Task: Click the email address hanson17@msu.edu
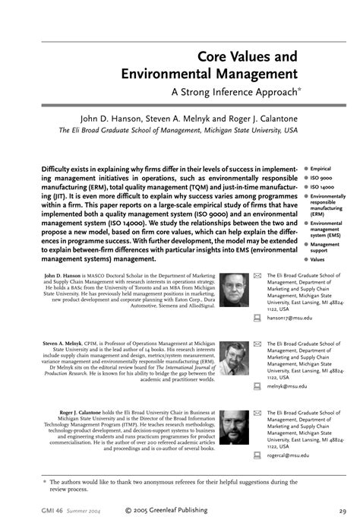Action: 289,319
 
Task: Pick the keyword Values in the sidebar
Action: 320,259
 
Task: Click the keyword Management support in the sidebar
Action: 325,247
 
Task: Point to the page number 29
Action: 343,510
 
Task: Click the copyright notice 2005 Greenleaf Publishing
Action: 175,510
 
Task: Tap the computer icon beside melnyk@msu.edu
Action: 257,386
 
